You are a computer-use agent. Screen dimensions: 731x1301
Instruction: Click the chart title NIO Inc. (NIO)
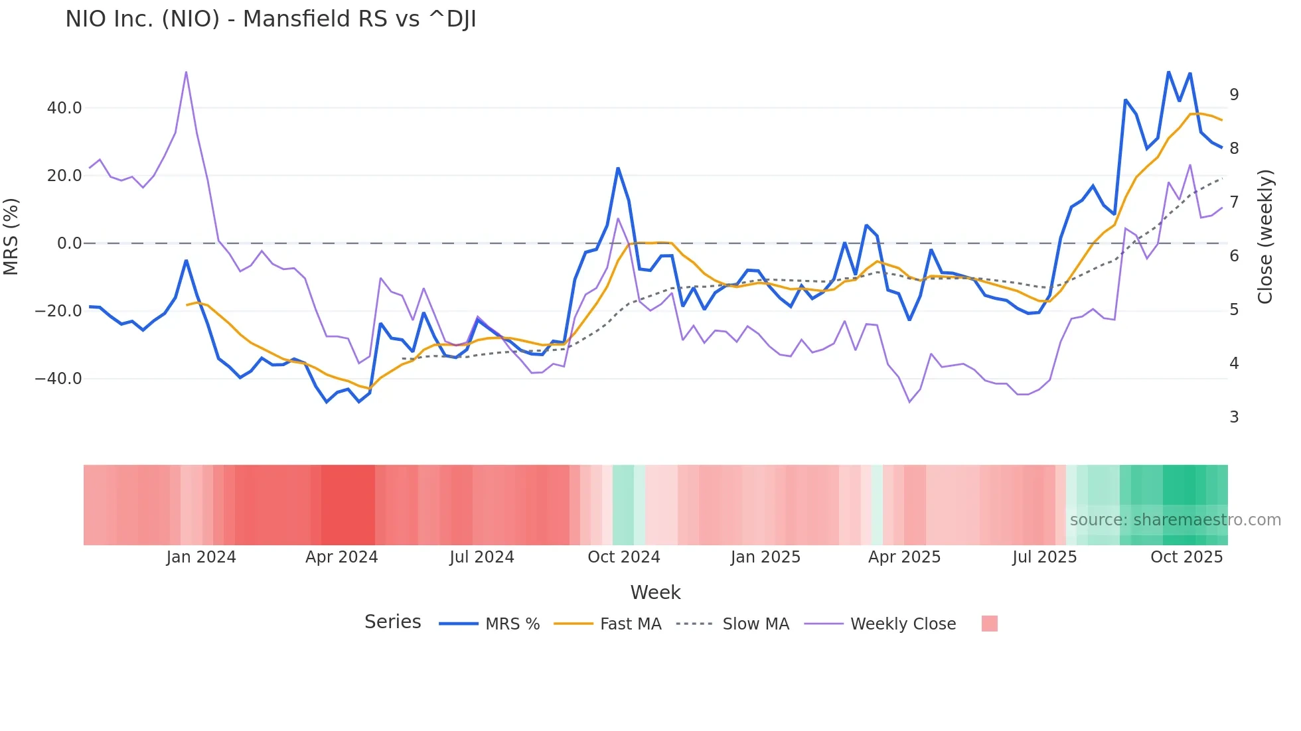coord(270,19)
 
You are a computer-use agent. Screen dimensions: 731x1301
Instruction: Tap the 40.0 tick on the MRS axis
coord(64,108)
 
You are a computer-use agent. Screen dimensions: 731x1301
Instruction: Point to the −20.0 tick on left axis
coord(59,311)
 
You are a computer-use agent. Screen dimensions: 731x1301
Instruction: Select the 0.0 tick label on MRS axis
coord(70,243)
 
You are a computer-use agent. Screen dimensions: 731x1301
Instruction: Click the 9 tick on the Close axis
coord(1234,95)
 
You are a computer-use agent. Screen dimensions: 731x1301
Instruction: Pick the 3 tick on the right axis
coord(1234,417)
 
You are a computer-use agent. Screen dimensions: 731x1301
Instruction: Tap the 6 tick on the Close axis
coord(1234,256)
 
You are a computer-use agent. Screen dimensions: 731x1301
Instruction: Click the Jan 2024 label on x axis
coord(200,557)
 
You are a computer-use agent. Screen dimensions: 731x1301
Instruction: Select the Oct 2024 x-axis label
coord(623,557)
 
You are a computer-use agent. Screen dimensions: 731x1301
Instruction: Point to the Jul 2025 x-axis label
coord(1044,557)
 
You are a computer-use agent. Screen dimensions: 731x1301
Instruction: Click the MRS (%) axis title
coord(11,236)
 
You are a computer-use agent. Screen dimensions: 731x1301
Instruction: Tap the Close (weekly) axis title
coord(1266,236)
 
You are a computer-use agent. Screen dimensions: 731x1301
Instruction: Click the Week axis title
coord(655,592)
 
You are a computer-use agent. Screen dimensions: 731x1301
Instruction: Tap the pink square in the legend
coord(989,624)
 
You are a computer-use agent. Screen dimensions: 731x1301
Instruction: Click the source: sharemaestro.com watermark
coord(1175,520)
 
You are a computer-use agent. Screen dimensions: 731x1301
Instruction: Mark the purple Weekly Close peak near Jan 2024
coord(186,72)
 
